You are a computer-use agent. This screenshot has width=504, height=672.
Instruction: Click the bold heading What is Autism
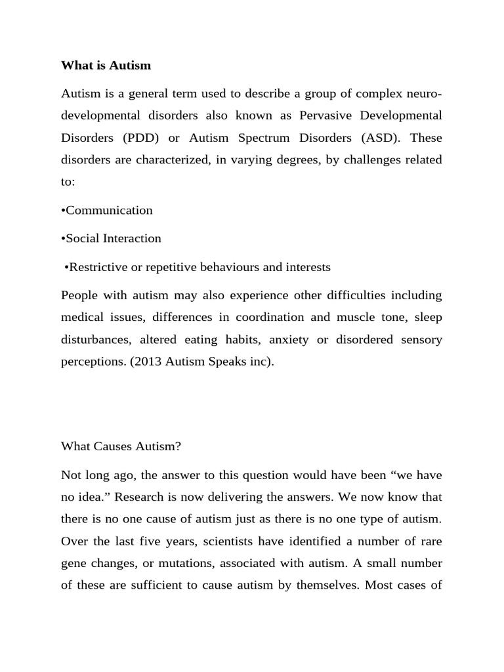coord(106,65)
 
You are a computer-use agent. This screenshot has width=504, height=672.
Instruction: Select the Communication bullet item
coord(107,210)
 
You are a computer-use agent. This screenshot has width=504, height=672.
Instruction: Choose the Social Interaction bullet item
coord(111,238)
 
